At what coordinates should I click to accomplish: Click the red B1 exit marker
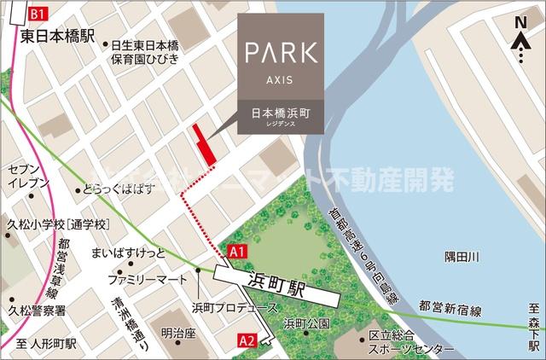(36, 15)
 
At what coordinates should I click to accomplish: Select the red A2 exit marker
(247, 340)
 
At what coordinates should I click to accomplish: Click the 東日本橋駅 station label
(52, 36)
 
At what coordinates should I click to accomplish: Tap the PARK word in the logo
(281, 50)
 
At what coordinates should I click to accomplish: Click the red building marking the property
(203, 147)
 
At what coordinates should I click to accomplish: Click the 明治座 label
(178, 333)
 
